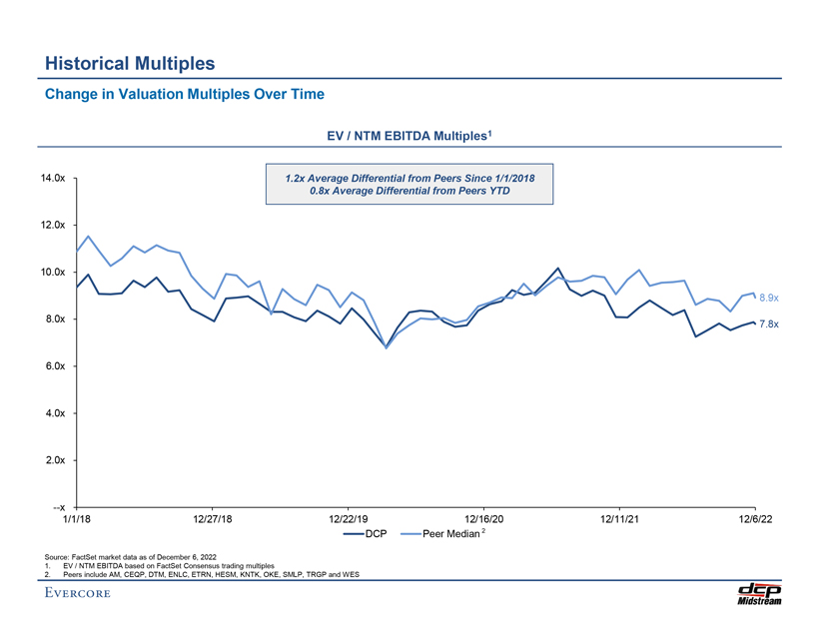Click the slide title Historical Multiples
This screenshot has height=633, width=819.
click(130, 64)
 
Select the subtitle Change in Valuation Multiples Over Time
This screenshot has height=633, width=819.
click(185, 95)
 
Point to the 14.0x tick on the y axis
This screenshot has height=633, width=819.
click(54, 179)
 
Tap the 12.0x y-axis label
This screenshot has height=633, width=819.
click(54, 226)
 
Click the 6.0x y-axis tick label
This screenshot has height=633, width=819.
click(56, 366)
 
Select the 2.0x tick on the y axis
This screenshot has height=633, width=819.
click(56, 460)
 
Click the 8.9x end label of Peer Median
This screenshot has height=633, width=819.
click(768, 298)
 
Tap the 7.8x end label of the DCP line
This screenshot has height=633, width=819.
click(768, 323)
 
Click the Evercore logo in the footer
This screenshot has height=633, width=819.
click(78, 595)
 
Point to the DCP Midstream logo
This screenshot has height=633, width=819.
click(760, 594)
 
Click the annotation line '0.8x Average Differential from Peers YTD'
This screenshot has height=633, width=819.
click(409, 191)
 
